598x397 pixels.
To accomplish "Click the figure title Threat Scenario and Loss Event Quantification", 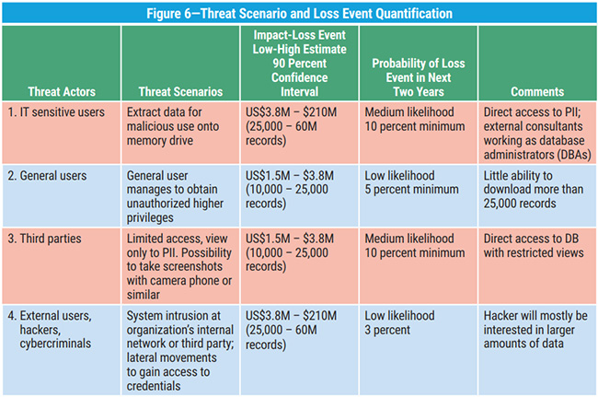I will (298, 13).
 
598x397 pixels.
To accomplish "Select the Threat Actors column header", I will (62, 91).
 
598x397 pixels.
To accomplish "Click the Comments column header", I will (537, 91).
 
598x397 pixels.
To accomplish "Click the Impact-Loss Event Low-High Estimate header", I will (299, 63).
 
